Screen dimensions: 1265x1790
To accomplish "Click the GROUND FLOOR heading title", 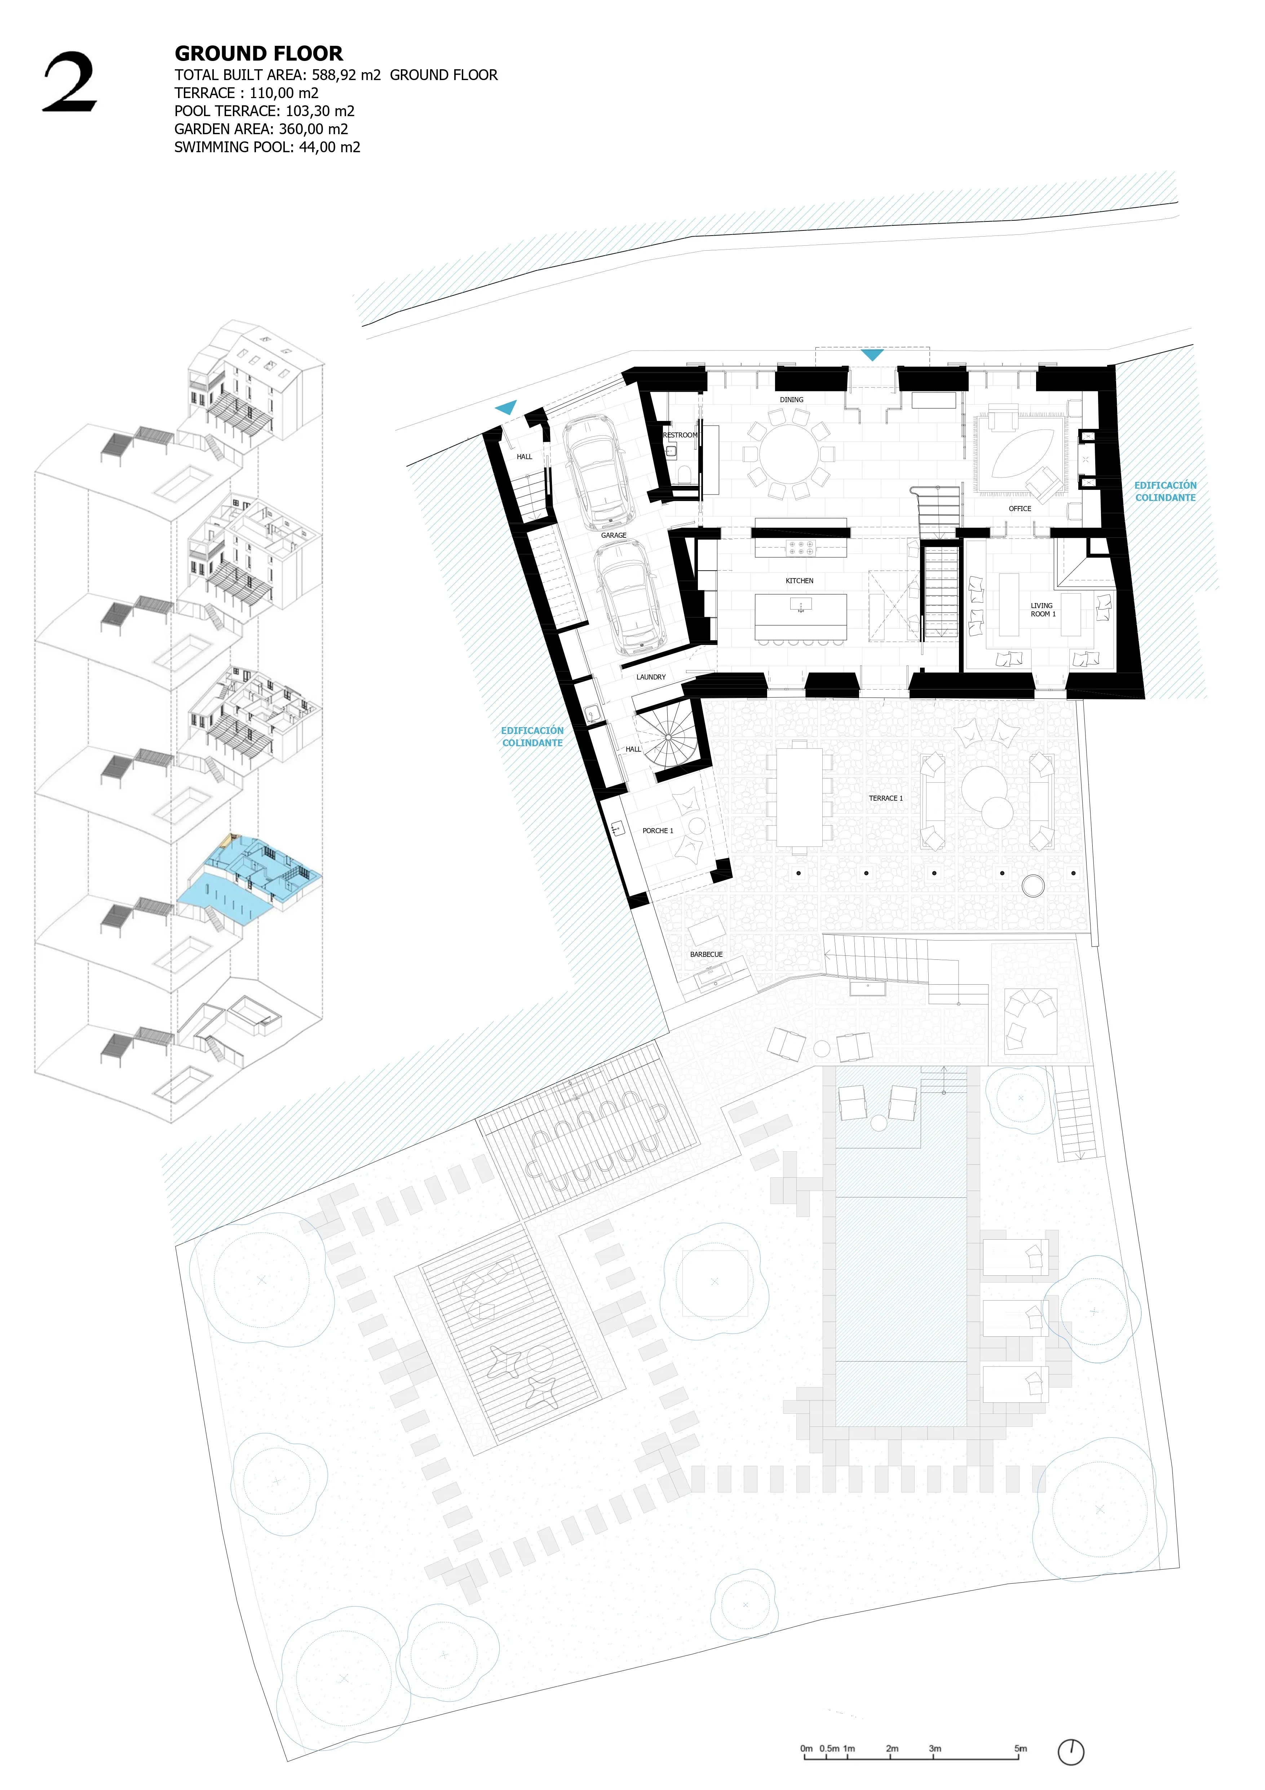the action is coord(259,54).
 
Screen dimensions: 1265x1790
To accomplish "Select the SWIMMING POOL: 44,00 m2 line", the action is coord(267,148).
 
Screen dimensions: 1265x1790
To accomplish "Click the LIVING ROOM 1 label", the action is coord(1042,610).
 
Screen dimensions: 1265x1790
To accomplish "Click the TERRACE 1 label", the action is coord(885,798).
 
